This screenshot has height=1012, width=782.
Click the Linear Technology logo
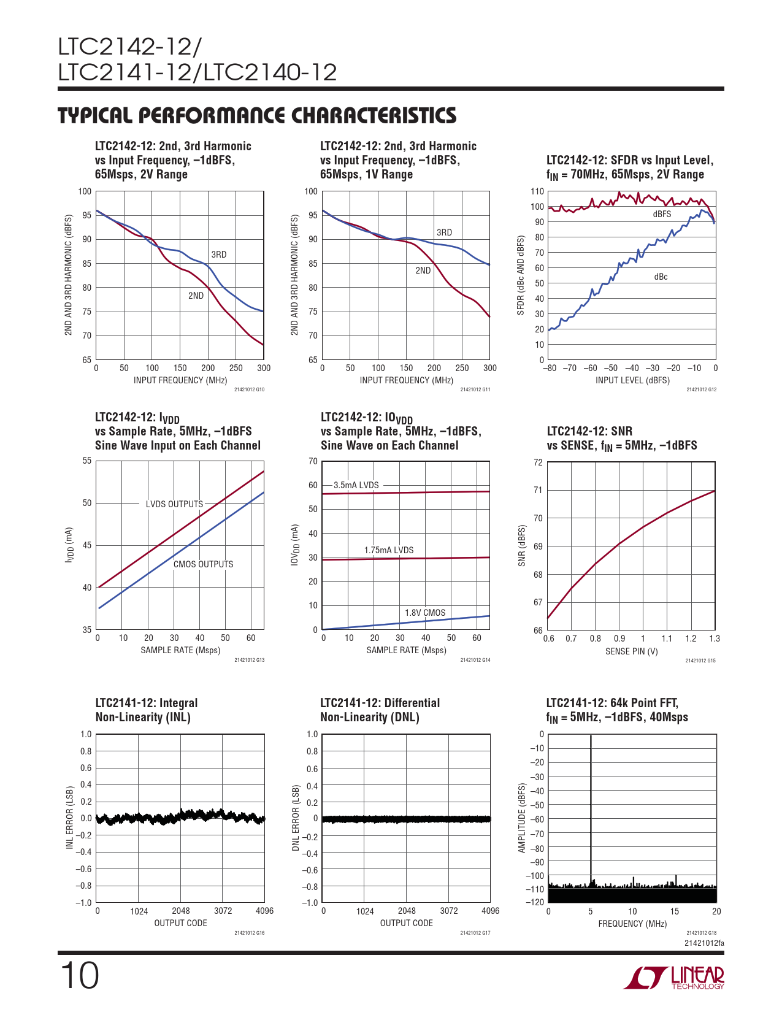[x=673, y=978]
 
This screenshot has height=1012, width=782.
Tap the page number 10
[x=79, y=975]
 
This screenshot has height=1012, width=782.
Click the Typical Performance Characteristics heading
[x=257, y=115]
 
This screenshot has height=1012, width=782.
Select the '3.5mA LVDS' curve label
[x=356, y=485]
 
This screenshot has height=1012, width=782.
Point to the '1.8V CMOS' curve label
[x=425, y=613]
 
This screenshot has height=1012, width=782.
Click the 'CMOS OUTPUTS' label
[x=203, y=564]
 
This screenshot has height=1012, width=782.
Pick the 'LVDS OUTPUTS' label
[x=174, y=504]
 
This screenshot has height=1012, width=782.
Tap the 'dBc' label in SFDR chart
[x=661, y=277]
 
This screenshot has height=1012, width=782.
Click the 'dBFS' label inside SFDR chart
[x=662, y=214]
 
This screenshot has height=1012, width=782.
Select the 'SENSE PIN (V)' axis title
[x=631, y=651]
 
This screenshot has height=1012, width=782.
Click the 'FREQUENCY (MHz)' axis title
[x=632, y=924]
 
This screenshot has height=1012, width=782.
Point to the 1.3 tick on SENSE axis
[x=715, y=638]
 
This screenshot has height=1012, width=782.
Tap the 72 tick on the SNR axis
[x=538, y=462]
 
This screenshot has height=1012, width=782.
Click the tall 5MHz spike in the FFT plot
[x=591, y=810]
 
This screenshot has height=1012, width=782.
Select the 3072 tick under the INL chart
[x=223, y=911]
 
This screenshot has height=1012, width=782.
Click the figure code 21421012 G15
[x=700, y=661]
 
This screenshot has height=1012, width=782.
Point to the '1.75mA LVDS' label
[x=389, y=550]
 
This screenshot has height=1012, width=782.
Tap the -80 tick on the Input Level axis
[x=549, y=368]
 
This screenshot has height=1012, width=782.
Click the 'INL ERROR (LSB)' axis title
[x=70, y=818]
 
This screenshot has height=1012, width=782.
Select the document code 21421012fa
[x=704, y=943]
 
